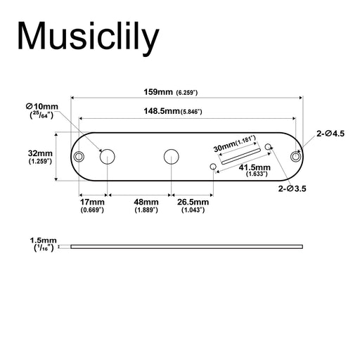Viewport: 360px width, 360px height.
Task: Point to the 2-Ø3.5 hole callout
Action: point(292,189)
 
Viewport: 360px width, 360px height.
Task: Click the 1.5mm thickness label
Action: point(44,240)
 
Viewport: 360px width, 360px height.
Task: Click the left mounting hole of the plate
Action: point(81,156)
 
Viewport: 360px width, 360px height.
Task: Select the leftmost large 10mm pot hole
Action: point(108,156)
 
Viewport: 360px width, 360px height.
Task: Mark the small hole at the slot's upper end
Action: point(268,146)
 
